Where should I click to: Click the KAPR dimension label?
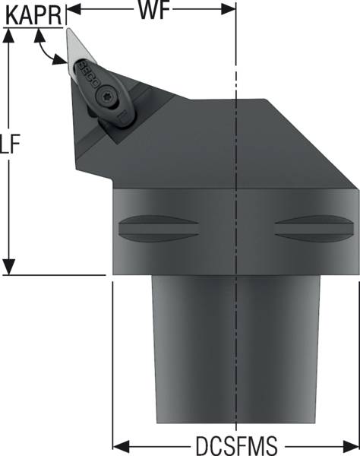[33, 14]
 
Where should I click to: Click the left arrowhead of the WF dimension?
[72, 9]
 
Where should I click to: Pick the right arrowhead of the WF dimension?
[231, 9]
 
